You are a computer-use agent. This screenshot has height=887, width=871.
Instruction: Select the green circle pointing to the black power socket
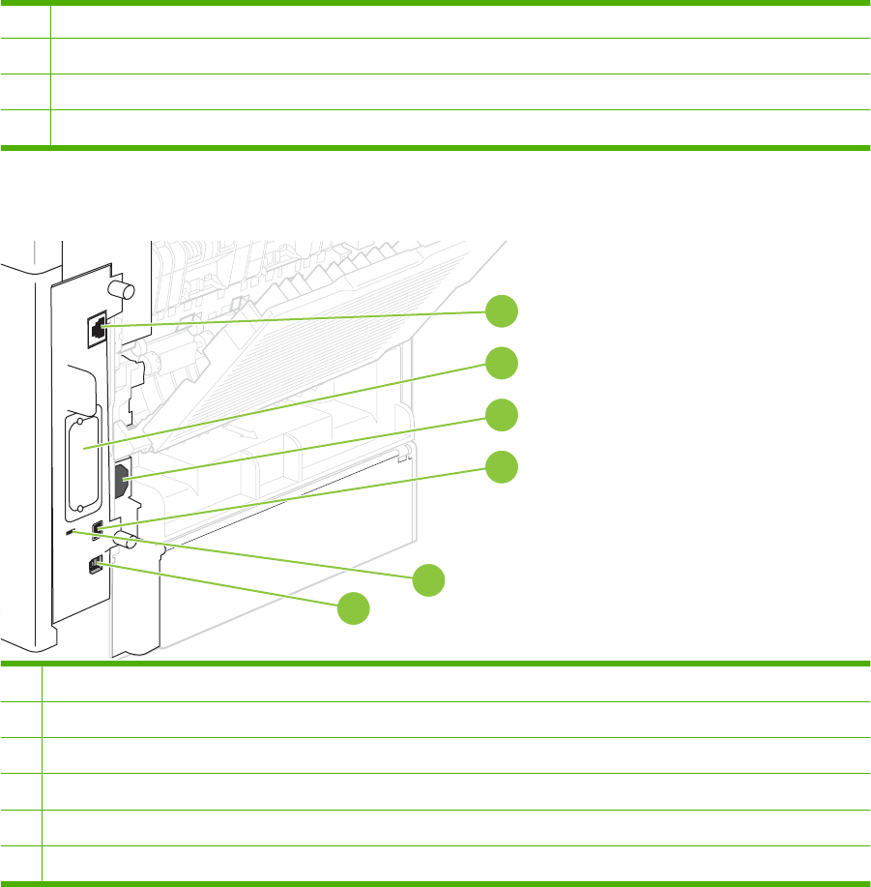501,415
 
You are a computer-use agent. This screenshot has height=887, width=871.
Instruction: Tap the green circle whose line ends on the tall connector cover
501,363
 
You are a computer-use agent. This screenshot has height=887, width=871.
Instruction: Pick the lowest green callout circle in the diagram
354,608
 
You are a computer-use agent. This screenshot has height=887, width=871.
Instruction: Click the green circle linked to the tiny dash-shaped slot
429,580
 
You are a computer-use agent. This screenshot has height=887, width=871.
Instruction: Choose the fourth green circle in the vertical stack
501,467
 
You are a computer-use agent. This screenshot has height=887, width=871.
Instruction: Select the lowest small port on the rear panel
95,566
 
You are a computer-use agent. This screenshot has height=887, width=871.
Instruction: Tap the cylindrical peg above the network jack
121,289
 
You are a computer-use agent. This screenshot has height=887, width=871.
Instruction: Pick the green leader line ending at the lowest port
222,587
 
